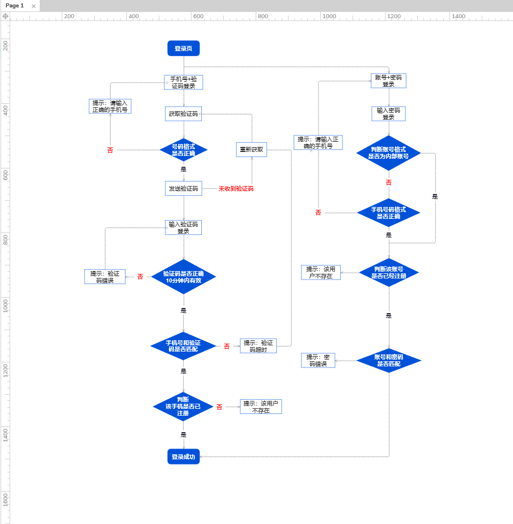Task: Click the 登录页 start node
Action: [183, 49]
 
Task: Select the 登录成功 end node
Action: [183, 457]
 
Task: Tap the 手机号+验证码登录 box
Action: [183, 82]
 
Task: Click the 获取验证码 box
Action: [183, 114]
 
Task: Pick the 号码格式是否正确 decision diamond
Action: [183, 150]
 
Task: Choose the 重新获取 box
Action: [251, 150]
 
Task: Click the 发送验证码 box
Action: [183, 188]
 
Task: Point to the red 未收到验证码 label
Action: [236, 189]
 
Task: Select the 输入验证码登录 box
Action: [183, 227]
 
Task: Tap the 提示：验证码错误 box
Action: [105, 277]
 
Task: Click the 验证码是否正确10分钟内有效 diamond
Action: [183, 277]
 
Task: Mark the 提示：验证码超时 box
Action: [258, 346]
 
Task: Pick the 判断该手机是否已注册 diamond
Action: [183, 406]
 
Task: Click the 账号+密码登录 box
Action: [388, 81]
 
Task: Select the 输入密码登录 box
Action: [388, 113]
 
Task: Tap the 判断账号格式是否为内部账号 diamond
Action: [388, 153]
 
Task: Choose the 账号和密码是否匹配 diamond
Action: [388, 360]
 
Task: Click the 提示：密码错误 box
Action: [318, 360]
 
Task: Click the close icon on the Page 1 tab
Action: [33, 6]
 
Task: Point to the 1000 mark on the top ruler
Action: [329, 16]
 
